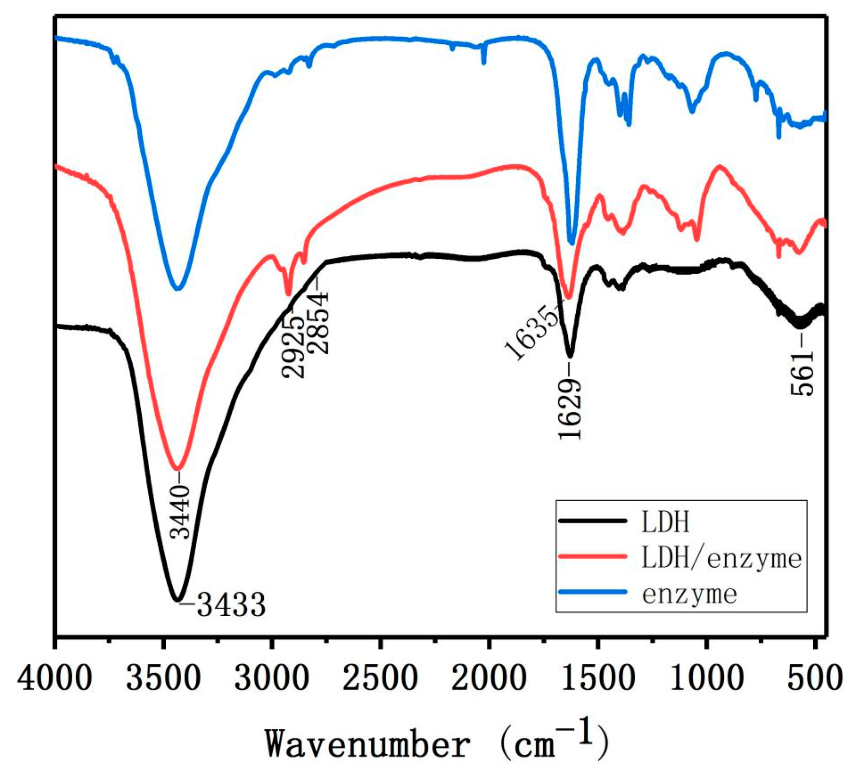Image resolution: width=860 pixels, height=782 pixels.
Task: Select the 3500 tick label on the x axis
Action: [163, 678]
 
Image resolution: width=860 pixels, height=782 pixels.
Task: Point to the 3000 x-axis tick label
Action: [272, 678]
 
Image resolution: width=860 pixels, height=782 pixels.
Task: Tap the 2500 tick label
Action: [381, 678]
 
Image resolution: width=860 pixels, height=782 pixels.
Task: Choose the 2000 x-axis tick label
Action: [489, 678]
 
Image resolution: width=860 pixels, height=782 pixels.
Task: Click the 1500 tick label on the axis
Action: [598, 678]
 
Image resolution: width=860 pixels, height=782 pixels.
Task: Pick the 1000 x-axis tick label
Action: [707, 678]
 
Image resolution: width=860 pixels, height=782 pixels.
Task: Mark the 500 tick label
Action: [815, 678]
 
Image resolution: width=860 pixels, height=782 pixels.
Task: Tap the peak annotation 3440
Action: [182, 512]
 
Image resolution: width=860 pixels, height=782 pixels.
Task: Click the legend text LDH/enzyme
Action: [721, 558]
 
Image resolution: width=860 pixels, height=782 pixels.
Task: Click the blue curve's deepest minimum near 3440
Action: [178, 289]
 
